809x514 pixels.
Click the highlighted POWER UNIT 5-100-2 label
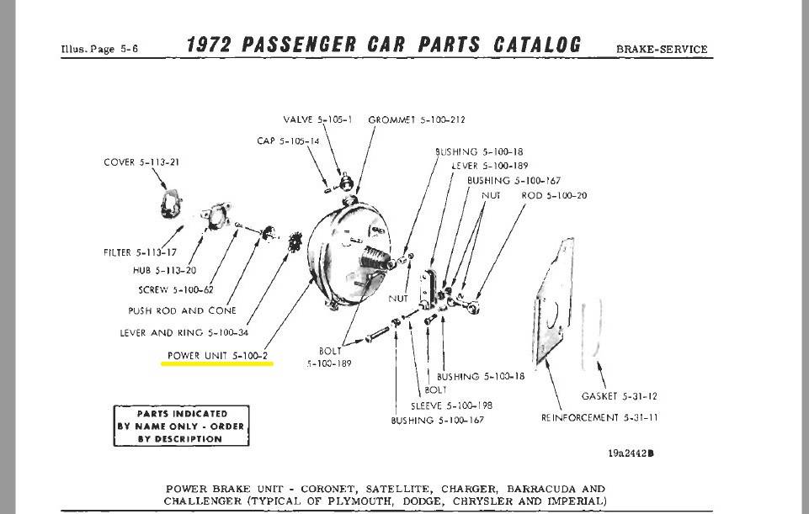coord(217,356)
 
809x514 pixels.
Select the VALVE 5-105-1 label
coord(317,119)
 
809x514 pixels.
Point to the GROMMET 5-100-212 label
coord(417,119)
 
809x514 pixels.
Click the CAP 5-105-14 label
coord(288,141)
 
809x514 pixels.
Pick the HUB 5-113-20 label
coord(165,271)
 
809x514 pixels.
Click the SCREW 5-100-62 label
coord(178,290)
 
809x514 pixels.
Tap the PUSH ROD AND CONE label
coord(182,310)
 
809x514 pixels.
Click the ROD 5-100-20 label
coord(554,195)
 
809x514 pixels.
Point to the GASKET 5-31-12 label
coord(620,395)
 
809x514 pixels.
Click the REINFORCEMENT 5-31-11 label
coord(599,417)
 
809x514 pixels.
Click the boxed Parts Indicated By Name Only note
coord(181,427)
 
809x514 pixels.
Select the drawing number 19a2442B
coord(631,453)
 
